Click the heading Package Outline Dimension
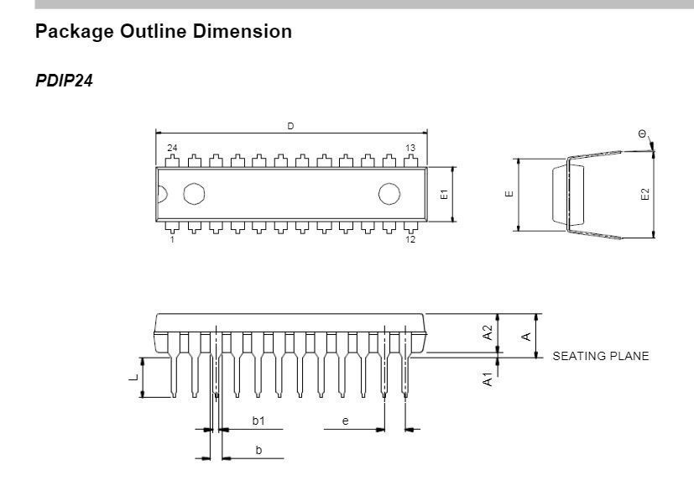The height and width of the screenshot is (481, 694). pyautogui.click(x=164, y=32)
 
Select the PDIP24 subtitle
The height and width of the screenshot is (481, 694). pyautogui.click(x=64, y=81)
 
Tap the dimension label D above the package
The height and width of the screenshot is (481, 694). pyautogui.click(x=291, y=126)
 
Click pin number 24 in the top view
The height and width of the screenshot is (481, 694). pyautogui.click(x=172, y=148)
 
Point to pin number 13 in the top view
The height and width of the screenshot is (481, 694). pyautogui.click(x=410, y=148)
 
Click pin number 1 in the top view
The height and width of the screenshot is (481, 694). pyautogui.click(x=172, y=240)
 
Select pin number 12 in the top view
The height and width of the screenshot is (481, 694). pyautogui.click(x=410, y=240)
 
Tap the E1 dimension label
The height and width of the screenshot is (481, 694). pyautogui.click(x=445, y=194)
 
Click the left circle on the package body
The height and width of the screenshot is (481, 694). pyautogui.click(x=194, y=194)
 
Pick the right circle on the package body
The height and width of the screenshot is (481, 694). pyautogui.click(x=389, y=194)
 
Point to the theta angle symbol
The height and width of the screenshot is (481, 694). pyautogui.click(x=642, y=134)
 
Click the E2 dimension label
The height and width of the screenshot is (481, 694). pyautogui.click(x=644, y=194)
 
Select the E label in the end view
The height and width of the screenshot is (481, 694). pyautogui.click(x=509, y=194)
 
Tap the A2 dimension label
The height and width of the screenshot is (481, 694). pyautogui.click(x=488, y=333)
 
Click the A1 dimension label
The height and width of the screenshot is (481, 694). pyautogui.click(x=488, y=379)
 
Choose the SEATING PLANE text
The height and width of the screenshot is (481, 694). pyautogui.click(x=600, y=356)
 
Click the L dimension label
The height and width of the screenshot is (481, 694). pyautogui.click(x=132, y=378)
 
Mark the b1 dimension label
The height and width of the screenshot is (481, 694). pyautogui.click(x=258, y=421)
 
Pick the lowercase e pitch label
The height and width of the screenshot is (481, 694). pyautogui.click(x=345, y=421)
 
